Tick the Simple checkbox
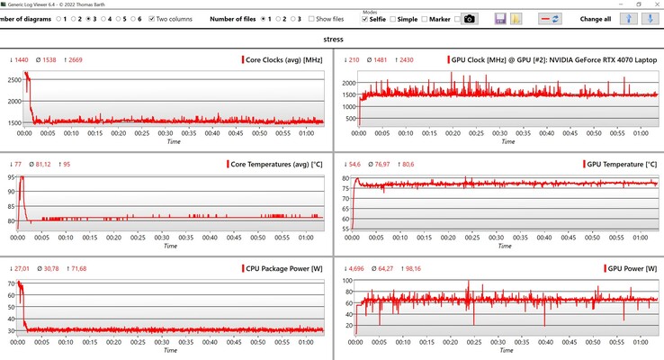tap(394, 19)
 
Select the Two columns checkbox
tap(153, 18)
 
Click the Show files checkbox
tap(311, 18)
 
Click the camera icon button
tap(469, 19)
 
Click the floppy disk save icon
tap(499, 19)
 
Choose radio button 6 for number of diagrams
tap(130, 18)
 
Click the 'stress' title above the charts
tap(333, 40)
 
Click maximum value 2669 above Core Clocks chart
tap(75, 60)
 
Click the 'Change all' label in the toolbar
tap(596, 19)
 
